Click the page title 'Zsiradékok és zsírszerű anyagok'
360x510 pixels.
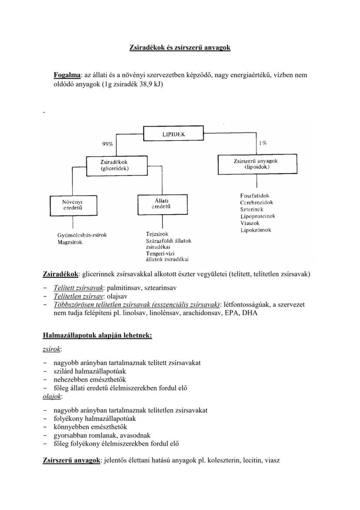[x=180, y=47]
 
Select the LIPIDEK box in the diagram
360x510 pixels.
[x=173, y=134]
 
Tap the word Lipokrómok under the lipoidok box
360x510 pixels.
[x=256, y=230]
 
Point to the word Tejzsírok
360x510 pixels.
[x=157, y=234]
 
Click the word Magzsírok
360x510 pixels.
[x=70, y=242]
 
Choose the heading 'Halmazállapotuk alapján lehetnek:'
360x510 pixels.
[x=97, y=335]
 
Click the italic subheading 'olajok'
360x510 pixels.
[x=52, y=396]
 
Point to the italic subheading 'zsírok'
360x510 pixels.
[x=52, y=349]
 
